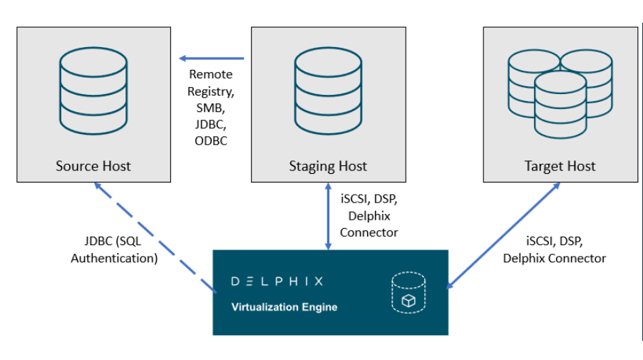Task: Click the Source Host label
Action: [93, 166]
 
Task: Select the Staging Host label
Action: [327, 166]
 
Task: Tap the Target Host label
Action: [560, 166]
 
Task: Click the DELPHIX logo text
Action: [277, 281]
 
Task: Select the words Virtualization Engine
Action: [284, 307]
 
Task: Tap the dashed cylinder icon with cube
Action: [408, 293]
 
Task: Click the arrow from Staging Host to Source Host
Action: [211, 58]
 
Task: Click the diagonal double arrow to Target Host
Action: [503, 235]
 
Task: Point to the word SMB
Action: [210, 108]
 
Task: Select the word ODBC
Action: [211, 141]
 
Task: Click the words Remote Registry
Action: [210, 83]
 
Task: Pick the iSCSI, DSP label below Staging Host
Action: [369, 199]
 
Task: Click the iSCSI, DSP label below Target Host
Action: [555, 242]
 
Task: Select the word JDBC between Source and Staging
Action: [210, 124]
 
